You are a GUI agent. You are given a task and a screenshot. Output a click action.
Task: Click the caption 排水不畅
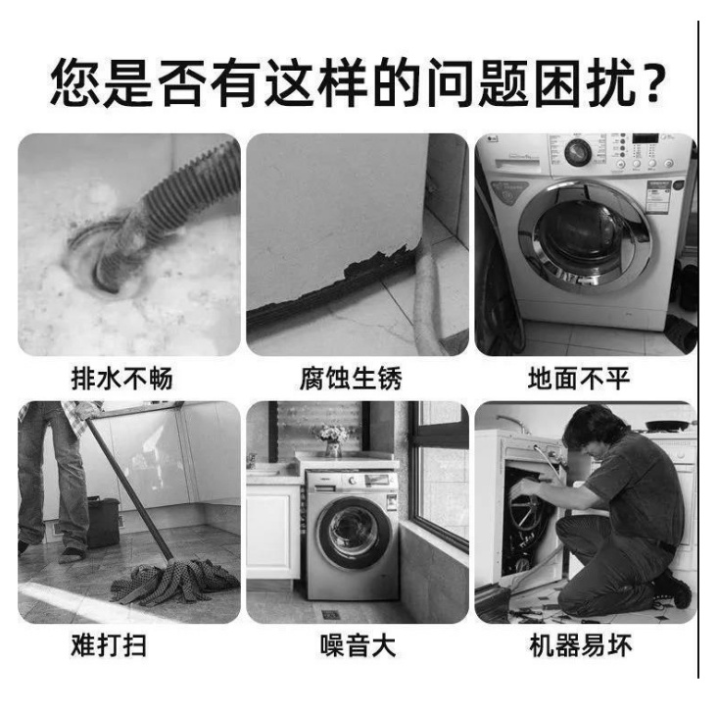click(x=122, y=379)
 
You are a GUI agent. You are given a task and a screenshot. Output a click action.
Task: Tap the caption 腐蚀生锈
click(x=351, y=379)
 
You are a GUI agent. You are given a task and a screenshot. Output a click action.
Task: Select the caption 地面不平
click(x=579, y=379)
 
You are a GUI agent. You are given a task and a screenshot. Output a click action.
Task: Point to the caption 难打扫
click(x=109, y=645)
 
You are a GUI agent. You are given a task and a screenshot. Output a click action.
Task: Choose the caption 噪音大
click(x=358, y=645)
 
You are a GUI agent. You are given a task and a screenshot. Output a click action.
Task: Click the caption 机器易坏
click(x=581, y=645)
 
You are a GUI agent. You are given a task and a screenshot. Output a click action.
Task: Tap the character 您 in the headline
click(x=76, y=82)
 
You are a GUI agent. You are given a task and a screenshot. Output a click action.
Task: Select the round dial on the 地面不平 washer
click(x=577, y=152)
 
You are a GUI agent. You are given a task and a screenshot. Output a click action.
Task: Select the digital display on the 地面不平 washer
click(x=646, y=138)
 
